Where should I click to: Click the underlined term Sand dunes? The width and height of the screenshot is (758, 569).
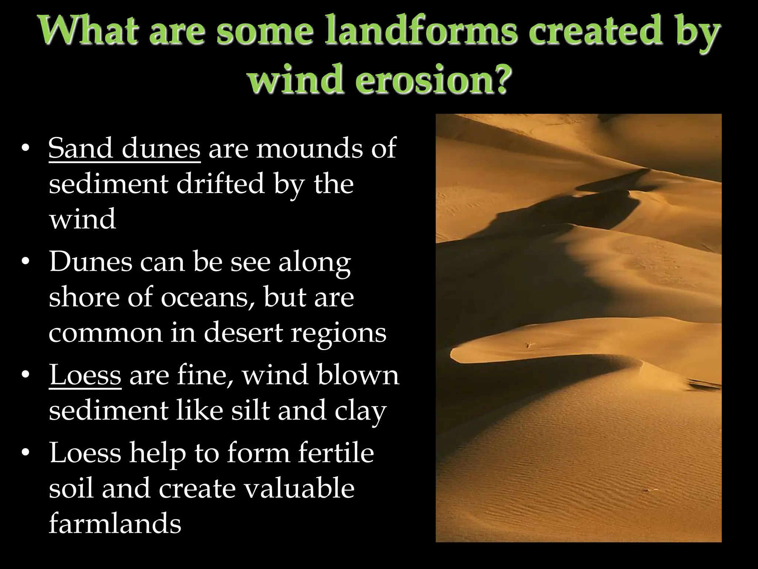[x=124, y=148]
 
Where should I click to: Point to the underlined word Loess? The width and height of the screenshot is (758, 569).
[x=85, y=375]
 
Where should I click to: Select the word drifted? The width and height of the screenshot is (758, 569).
[x=221, y=184]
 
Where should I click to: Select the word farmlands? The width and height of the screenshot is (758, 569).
[x=115, y=524]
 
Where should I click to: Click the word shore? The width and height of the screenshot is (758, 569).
[x=84, y=297]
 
